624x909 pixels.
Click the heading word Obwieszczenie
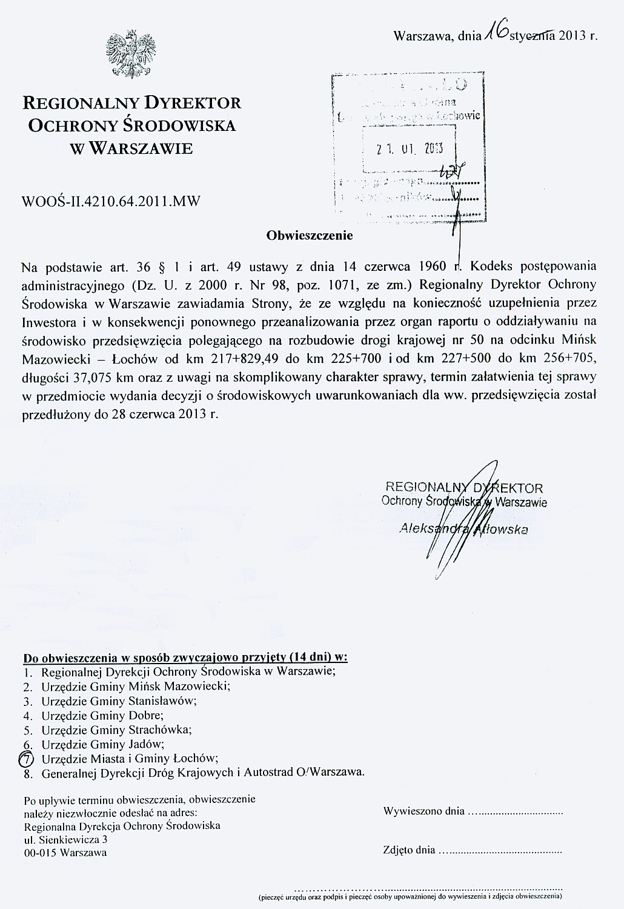pyautogui.click(x=310, y=235)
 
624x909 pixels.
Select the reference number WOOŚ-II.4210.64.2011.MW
pyautogui.click(x=111, y=199)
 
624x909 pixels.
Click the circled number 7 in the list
pyautogui.click(x=27, y=758)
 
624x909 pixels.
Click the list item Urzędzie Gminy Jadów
pyautogui.click(x=103, y=744)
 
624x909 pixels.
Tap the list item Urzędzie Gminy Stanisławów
pyautogui.click(x=119, y=701)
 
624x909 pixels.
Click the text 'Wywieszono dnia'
pyautogui.click(x=424, y=811)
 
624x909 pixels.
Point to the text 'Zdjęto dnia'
pyautogui.click(x=409, y=850)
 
